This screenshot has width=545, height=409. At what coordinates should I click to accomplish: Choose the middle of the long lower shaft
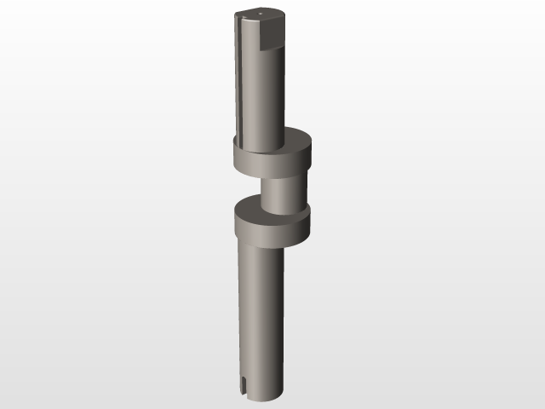(x=260, y=315)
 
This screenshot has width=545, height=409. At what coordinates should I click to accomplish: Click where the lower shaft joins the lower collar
(x=260, y=245)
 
